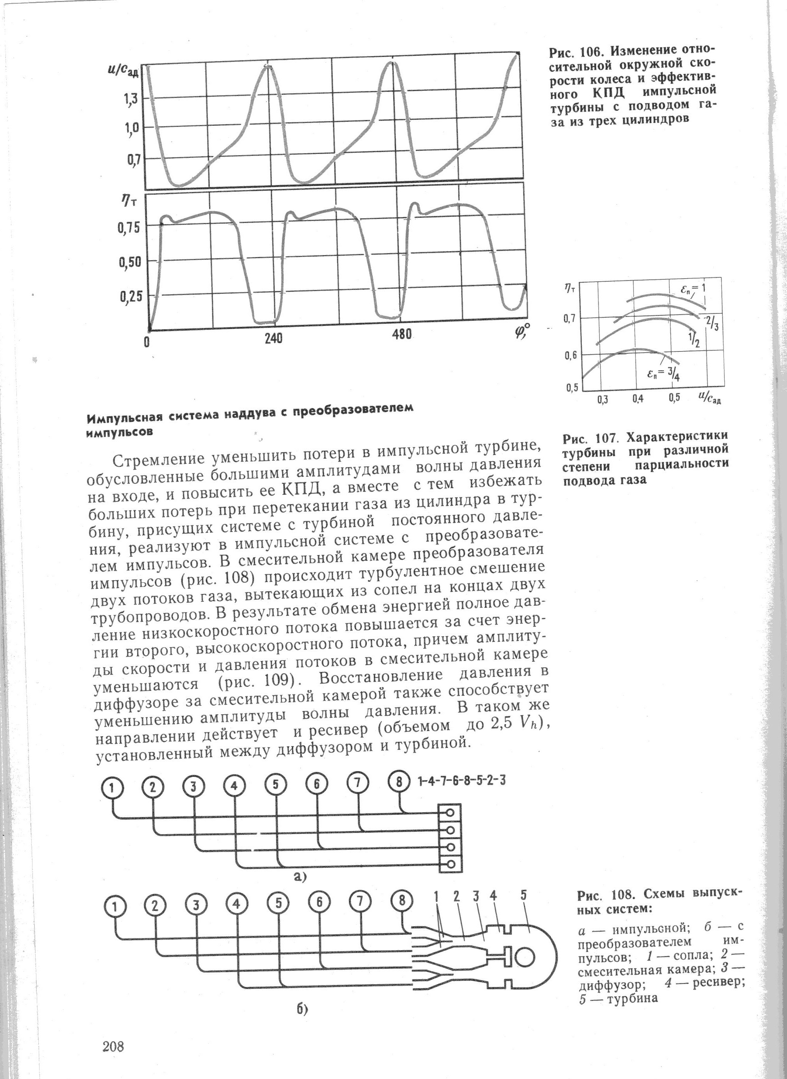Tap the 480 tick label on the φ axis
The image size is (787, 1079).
coord(402,335)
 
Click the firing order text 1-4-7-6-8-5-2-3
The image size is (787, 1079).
coord(461,781)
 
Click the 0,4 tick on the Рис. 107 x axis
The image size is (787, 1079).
coord(638,398)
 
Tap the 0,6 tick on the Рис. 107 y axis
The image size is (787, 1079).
coord(571,355)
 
